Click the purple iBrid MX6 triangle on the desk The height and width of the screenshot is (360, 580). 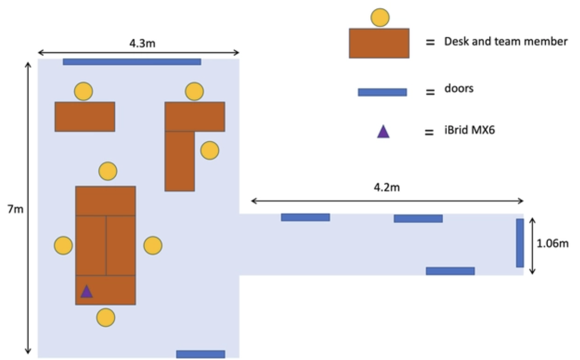point(86,292)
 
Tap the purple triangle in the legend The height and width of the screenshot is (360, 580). point(383,131)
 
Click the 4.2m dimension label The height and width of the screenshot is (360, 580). point(386,188)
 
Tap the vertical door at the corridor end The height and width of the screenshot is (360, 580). point(520,243)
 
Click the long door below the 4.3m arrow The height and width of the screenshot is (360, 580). point(131,62)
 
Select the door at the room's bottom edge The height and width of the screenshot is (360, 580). point(200,354)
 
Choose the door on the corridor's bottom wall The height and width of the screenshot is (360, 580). point(450,271)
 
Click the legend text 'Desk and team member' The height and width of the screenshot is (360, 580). point(506,42)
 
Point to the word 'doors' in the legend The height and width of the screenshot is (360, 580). point(459,88)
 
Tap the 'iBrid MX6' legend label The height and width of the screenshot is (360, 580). point(470,132)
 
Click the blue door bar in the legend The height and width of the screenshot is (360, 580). point(382,92)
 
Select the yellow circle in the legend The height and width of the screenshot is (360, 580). point(380,17)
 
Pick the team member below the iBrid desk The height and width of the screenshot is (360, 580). point(106,317)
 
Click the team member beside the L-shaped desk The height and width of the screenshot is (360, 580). point(209,150)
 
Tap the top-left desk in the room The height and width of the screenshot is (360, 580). point(85,117)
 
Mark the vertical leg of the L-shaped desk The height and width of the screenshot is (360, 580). point(180,161)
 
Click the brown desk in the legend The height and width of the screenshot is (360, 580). point(379,43)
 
